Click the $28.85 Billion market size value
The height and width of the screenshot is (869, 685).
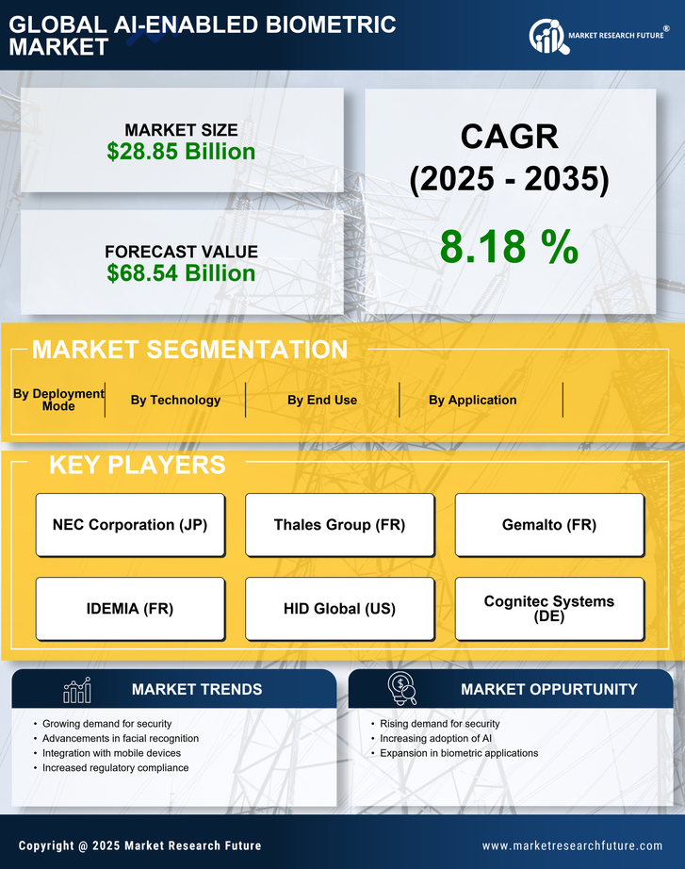pyautogui.click(x=181, y=152)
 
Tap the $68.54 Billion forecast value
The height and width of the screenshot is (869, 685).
pyautogui.click(x=181, y=273)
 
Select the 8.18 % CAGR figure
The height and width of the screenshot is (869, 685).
pyautogui.click(x=509, y=247)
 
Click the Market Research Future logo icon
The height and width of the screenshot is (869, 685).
pyautogui.click(x=547, y=36)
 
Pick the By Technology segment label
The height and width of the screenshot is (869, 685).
pyautogui.click(x=175, y=400)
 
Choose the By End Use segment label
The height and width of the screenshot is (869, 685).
pyautogui.click(x=322, y=400)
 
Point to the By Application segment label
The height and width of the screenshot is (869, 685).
pyautogui.click(x=472, y=400)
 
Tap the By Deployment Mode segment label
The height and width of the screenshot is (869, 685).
pyautogui.click(x=58, y=400)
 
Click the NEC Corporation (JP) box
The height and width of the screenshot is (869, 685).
pyautogui.click(x=130, y=525)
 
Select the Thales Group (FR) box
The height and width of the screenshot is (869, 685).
pyautogui.click(x=339, y=525)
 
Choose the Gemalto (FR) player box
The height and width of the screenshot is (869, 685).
pyautogui.click(x=549, y=525)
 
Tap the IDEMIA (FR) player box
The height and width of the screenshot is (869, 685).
pyautogui.click(x=130, y=609)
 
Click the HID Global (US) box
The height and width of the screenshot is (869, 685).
pyautogui.click(x=339, y=609)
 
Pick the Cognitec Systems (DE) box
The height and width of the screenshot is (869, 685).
pyautogui.click(x=549, y=609)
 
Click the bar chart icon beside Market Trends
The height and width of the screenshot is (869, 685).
pyautogui.click(x=76, y=690)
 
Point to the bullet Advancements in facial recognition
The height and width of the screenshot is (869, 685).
pyautogui.click(x=121, y=738)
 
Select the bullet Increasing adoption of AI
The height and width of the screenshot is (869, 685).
pyautogui.click(x=435, y=738)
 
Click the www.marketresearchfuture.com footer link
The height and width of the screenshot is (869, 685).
pyautogui.click(x=572, y=845)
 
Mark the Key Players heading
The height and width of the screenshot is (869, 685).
pyautogui.click(x=137, y=465)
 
